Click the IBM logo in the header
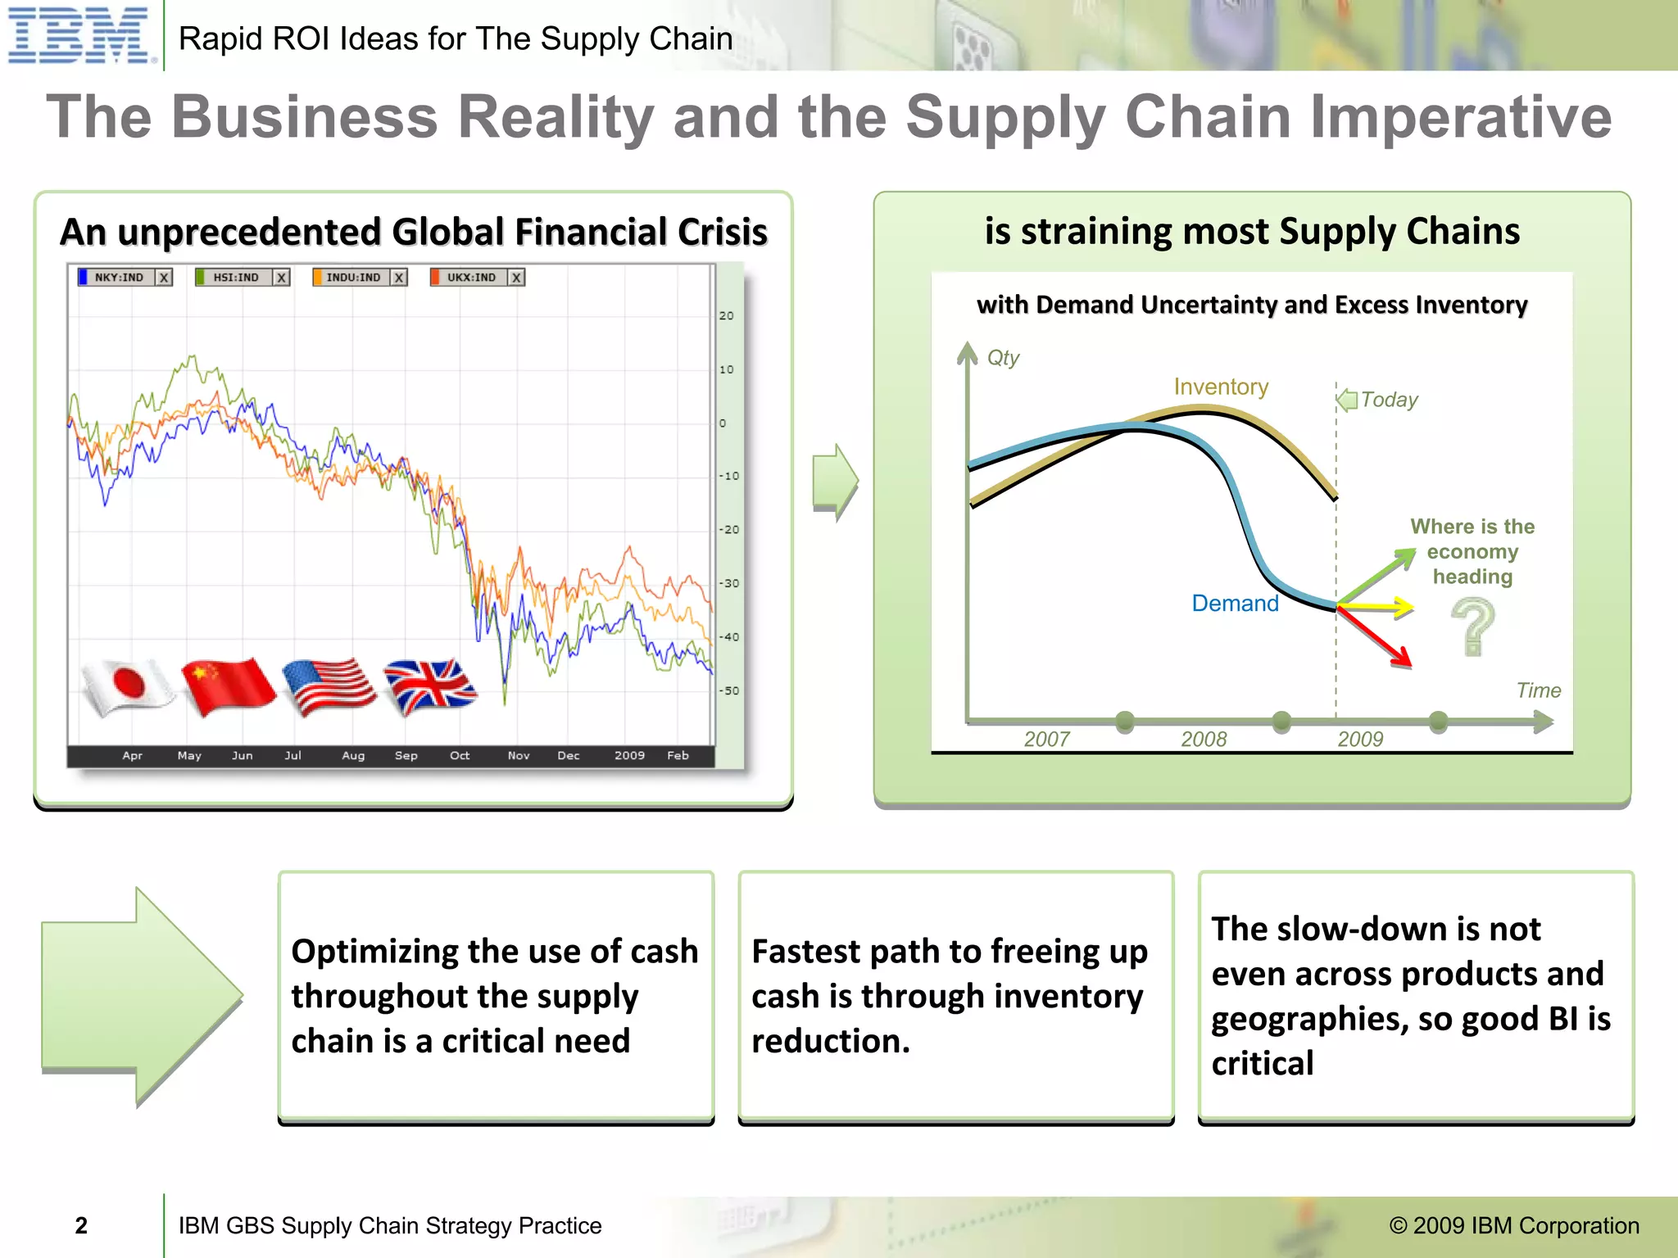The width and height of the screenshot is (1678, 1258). pos(79,35)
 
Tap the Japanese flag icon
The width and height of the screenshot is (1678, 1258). pos(128,686)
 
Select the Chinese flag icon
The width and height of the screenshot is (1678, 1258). pos(228,686)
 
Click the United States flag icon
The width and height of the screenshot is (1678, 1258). pos(329,686)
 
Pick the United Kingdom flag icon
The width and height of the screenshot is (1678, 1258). pos(430,686)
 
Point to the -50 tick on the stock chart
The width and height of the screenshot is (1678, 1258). pos(728,690)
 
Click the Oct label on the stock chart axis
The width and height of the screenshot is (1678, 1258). pos(460,755)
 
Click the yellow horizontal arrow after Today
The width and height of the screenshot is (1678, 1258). pos(1376,607)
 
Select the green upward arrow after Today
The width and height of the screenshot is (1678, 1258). pos(1377,577)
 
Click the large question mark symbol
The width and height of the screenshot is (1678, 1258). pos(1473,627)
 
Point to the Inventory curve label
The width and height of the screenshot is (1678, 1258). pos(1221,387)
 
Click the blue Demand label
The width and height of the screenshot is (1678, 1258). pos(1235,604)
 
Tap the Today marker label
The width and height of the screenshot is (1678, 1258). pos(1389,400)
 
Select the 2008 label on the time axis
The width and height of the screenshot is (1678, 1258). pos(1204,739)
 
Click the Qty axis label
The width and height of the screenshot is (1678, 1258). pos(1003,358)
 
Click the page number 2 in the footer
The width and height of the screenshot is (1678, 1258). pos(81,1225)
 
